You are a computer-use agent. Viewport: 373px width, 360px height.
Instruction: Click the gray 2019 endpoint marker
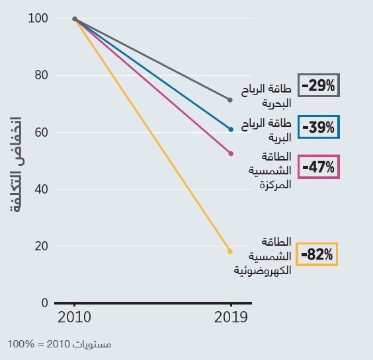click(x=229, y=100)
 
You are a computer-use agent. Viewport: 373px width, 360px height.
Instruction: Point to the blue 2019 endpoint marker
click(x=231, y=129)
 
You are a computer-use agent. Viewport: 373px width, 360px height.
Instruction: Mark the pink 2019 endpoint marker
click(x=231, y=154)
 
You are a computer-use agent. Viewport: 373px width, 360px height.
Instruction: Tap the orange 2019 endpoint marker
click(x=230, y=252)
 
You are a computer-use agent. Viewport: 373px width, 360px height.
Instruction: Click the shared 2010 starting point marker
click(x=75, y=19)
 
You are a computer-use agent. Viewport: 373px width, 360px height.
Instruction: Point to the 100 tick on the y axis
click(x=38, y=18)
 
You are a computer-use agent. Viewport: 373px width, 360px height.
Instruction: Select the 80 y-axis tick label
click(x=42, y=75)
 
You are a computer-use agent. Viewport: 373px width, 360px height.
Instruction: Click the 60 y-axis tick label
click(x=42, y=132)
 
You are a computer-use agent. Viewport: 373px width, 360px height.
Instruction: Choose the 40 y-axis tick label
click(x=42, y=189)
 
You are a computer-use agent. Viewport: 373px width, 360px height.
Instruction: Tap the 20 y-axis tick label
click(x=42, y=246)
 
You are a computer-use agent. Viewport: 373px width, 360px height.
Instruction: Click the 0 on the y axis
click(x=45, y=303)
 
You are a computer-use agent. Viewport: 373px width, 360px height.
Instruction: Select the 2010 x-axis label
click(x=74, y=317)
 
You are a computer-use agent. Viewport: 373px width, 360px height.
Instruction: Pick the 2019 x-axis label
click(x=231, y=317)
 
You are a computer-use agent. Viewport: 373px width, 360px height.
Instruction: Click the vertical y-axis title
click(x=16, y=164)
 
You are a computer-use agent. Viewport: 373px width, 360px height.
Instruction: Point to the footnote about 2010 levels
click(x=60, y=344)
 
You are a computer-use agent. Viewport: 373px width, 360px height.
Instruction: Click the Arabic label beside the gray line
click(x=266, y=96)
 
